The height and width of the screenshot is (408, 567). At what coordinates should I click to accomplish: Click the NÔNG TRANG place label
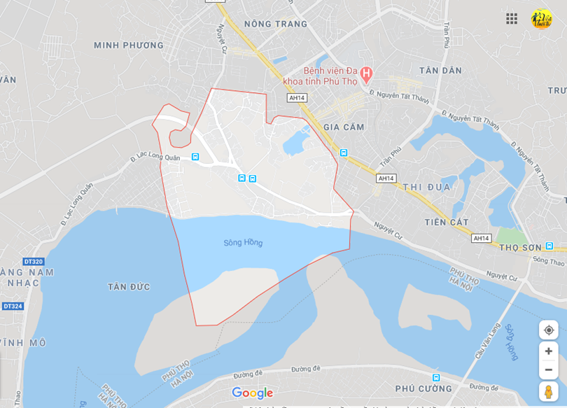[x=276, y=24]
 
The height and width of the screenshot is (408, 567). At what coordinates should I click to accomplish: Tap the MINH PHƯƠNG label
[x=129, y=45]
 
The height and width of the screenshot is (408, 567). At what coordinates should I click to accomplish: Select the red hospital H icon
[x=366, y=73]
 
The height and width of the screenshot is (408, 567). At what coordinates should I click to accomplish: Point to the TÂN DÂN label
[x=440, y=71]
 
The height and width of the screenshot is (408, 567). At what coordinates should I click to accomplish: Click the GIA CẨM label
[x=344, y=127]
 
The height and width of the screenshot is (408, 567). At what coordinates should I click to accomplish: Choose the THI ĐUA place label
[x=427, y=187]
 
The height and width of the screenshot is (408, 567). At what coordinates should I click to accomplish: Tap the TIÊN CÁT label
[x=446, y=222]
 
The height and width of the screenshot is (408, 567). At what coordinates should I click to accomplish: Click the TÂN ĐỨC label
[x=130, y=286]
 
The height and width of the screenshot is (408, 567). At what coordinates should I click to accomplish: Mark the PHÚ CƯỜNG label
[x=423, y=388]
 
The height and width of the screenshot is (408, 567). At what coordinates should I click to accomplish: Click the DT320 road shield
[x=33, y=262]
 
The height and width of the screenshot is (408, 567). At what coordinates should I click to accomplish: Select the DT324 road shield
[x=13, y=306]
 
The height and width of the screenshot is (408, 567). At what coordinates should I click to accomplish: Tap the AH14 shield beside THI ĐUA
[x=386, y=178]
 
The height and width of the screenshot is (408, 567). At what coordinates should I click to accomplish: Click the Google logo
[x=252, y=393]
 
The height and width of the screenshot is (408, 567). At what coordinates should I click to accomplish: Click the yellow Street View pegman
[x=548, y=391]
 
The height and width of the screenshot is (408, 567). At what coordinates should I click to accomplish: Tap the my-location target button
[x=548, y=330]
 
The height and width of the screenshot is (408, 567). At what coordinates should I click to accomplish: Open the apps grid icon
[x=512, y=19]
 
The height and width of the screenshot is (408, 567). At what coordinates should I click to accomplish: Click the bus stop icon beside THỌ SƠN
[x=549, y=246]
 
